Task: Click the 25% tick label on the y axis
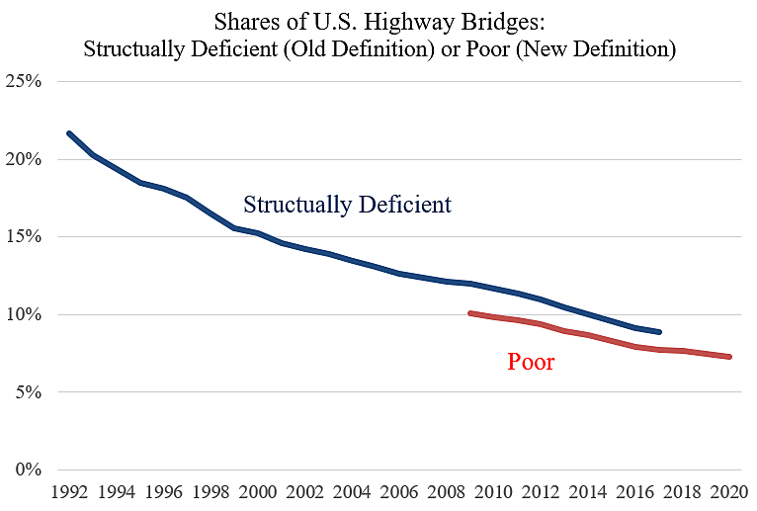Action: click(x=24, y=82)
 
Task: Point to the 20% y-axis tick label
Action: click(x=24, y=160)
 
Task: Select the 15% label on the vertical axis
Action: click(x=24, y=237)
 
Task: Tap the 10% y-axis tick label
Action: click(x=24, y=315)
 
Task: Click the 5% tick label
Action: click(x=28, y=392)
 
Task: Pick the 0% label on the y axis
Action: click(x=28, y=470)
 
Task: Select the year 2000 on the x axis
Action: click(x=258, y=492)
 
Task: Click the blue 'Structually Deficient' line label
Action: click(x=347, y=206)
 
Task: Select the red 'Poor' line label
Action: click(x=531, y=362)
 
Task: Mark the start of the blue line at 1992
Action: click(x=67, y=132)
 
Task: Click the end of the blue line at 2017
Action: click(x=659, y=332)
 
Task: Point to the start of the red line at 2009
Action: click(x=469, y=313)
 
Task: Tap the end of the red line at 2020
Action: click(x=730, y=357)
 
